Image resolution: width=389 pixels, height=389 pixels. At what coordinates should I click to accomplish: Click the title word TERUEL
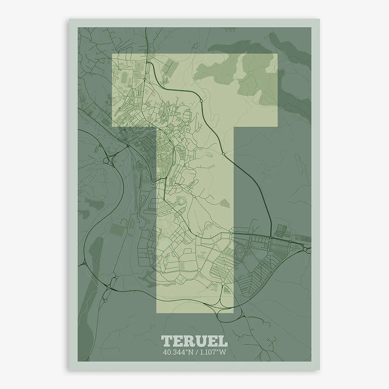(x=194, y=341)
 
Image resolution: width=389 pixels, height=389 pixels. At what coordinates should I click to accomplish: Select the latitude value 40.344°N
(x=177, y=352)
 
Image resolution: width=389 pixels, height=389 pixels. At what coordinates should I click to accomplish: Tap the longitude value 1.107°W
(x=211, y=352)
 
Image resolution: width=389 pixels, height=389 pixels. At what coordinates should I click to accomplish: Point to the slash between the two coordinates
(x=194, y=352)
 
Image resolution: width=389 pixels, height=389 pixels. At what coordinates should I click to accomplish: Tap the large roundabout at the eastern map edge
(x=305, y=249)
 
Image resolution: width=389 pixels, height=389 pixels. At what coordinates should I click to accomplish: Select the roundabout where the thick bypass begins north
(x=145, y=79)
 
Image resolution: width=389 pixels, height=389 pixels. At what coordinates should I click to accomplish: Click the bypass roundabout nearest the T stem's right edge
(x=224, y=154)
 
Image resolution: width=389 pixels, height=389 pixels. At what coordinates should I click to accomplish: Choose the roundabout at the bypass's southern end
(x=270, y=238)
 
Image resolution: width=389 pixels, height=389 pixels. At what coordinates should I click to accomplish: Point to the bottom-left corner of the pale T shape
(x=157, y=313)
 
